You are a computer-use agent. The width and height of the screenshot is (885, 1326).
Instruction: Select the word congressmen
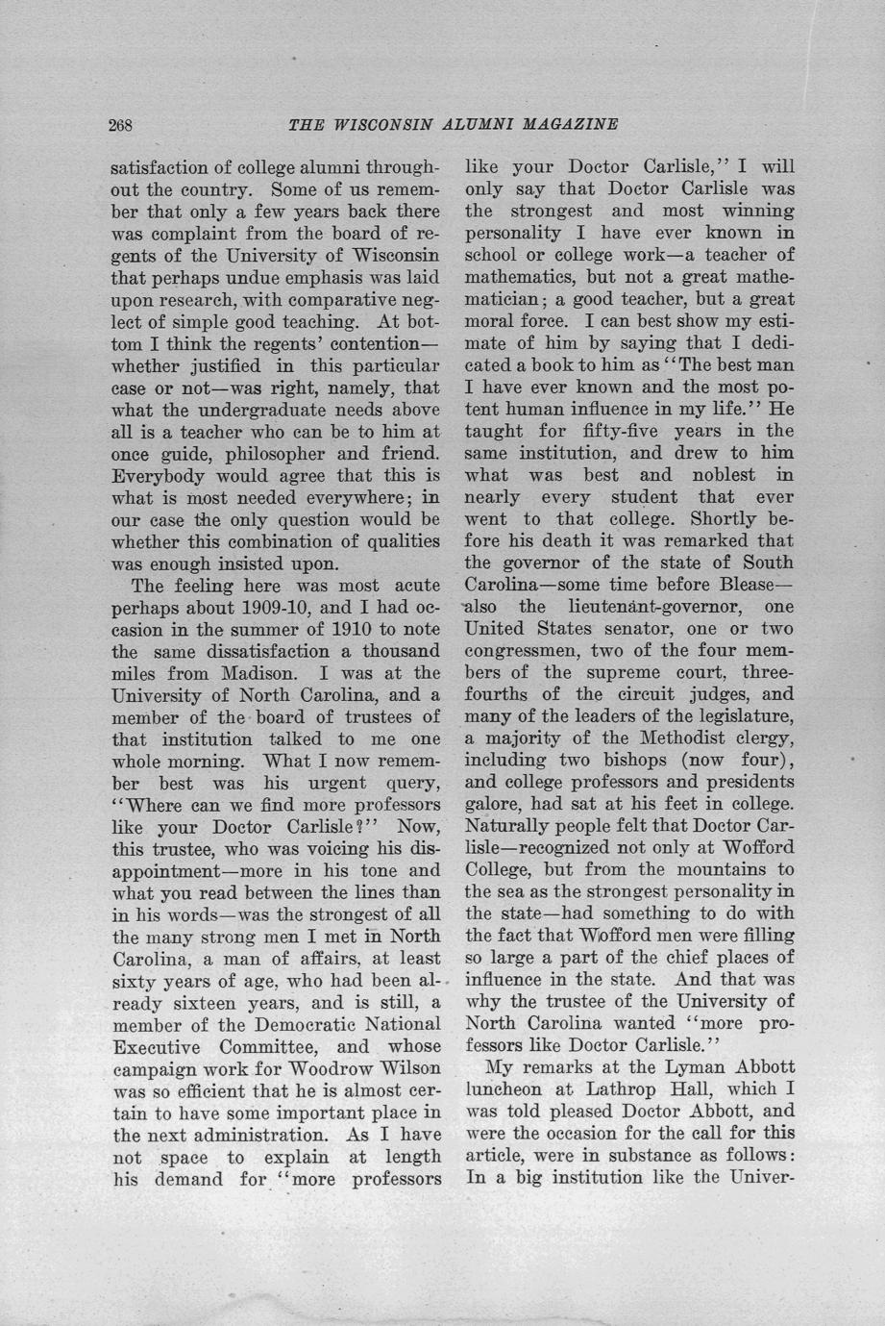pos(525,651)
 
